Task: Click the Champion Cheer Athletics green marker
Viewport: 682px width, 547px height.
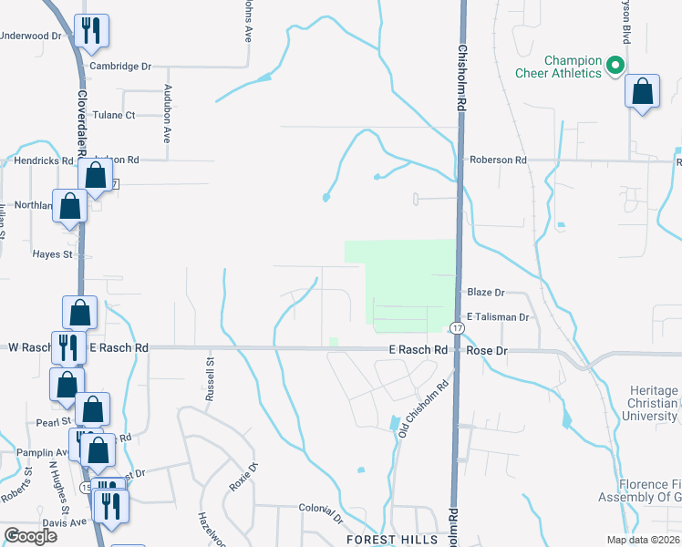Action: [x=615, y=65]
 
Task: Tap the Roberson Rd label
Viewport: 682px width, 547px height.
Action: [x=498, y=160]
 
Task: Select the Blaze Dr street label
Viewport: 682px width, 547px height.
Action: [x=485, y=293]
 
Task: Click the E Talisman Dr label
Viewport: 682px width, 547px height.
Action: [x=497, y=317]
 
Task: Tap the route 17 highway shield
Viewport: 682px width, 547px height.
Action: [x=454, y=327]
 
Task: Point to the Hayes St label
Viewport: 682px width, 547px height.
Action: [x=52, y=255]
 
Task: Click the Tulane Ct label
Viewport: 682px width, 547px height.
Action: [x=118, y=116]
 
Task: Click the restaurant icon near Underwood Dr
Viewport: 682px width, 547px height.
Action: [x=91, y=32]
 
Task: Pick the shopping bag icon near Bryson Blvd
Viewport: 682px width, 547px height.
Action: [x=643, y=92]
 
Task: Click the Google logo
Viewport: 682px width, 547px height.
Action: [x=30, y=536]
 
